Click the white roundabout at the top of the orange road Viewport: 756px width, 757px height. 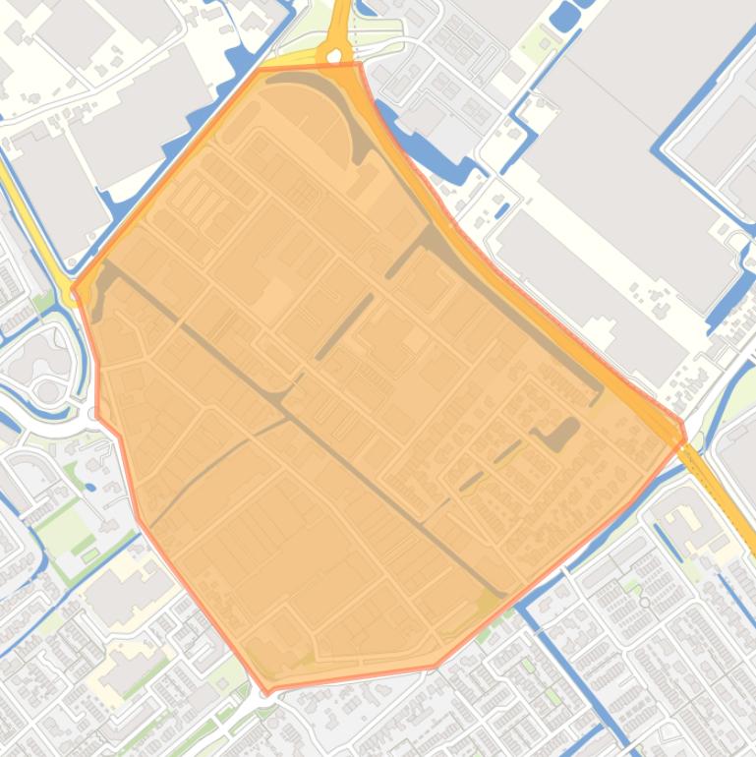[x=335, y=57]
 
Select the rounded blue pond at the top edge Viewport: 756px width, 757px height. [x=564, y=15]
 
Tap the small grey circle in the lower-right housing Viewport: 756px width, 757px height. [x=645, y=602]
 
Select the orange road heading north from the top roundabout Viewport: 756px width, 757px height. [x=341, y=20]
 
